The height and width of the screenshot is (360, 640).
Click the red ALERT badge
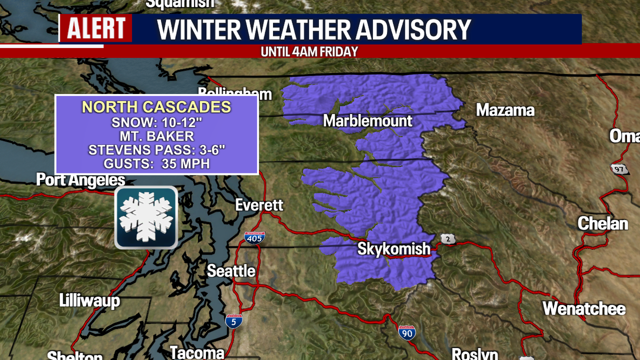(x=96, y=28)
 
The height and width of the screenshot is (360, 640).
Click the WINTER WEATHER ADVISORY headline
(x=314, y=30)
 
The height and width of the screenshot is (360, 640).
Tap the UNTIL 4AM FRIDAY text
(x=309, y=52)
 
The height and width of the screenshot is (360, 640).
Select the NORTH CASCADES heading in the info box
(x=156, y=107)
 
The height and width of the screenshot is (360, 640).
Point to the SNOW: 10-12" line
(x=156, y=123)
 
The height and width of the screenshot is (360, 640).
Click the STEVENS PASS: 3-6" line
(x=156, y=150)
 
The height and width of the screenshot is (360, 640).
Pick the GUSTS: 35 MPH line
(x=156, y=164)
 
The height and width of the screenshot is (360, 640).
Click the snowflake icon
(x=146, y=217)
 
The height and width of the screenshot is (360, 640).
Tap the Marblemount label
(x=368, y=121)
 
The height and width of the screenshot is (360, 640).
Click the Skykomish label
(x=394, y=249)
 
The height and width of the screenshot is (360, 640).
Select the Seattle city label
(x=231, y=271)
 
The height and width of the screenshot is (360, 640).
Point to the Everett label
(x=259, y=205)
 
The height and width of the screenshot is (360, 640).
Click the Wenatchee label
(x=584, y=309)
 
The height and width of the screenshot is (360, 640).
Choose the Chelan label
(x=603, y=223)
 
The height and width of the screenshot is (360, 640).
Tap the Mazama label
(x=505, y=110)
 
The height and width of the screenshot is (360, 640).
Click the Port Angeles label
(x=81, y=180)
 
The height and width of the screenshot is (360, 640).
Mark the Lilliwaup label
(x=89, y=301)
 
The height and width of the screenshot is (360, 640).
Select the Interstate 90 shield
(x=407, y=332)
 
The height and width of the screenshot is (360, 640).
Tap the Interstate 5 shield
(x=234, y=321)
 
